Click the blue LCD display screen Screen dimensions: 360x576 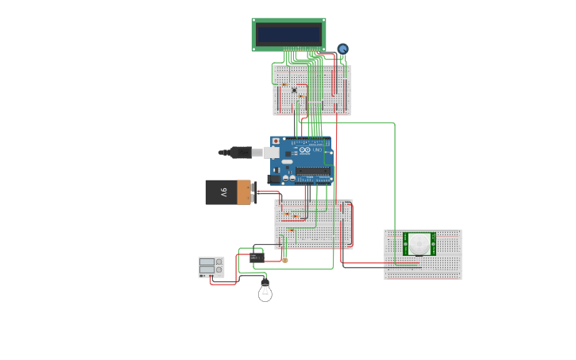click(x=288, y=34)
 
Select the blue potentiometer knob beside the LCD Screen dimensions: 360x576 click(x=342, y=49)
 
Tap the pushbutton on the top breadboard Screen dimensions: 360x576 click(x=294, y=90)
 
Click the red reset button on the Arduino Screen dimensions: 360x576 click(x=276, y=141)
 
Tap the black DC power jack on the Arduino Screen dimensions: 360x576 click(x=274, y=179)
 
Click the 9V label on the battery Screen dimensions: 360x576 click(x=224, y=192)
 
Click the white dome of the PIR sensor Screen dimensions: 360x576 click(x=419, y=244)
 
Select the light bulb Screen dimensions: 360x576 click(x=265, y=292)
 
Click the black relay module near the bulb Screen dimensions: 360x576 click(x=256, y=257)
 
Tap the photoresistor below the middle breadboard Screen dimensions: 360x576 click(x=285, y=259)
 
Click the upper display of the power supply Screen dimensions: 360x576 click(x=206, y=261)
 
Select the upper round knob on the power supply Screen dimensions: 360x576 click(x=219, y=261)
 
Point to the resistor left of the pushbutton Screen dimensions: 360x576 click(x=284, y=84)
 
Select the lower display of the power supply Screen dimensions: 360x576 click(x=206, y=270)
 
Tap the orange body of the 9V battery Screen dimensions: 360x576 click(x=244, y=192)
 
